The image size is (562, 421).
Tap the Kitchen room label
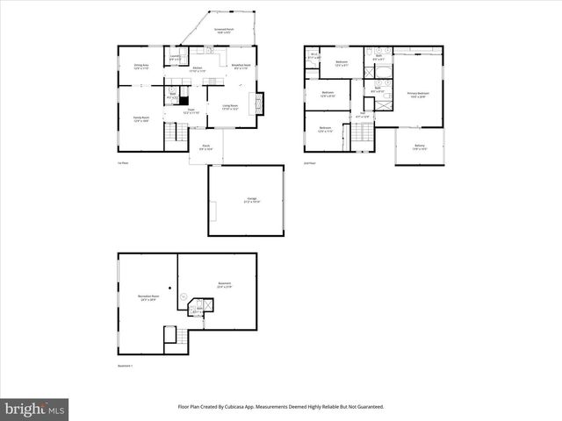tap(198, 68)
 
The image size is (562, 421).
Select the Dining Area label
tap(140, 66)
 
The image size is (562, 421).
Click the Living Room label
tap(230, 108)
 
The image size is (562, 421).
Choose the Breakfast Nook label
tap(241, 66)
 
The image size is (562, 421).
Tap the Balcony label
tap(420, 146)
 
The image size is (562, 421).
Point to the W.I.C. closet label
tap(313, 57)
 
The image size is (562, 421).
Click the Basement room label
tap(225, 284)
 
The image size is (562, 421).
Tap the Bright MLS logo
tap(34, 409)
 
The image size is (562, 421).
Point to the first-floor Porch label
tap(205, 146)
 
